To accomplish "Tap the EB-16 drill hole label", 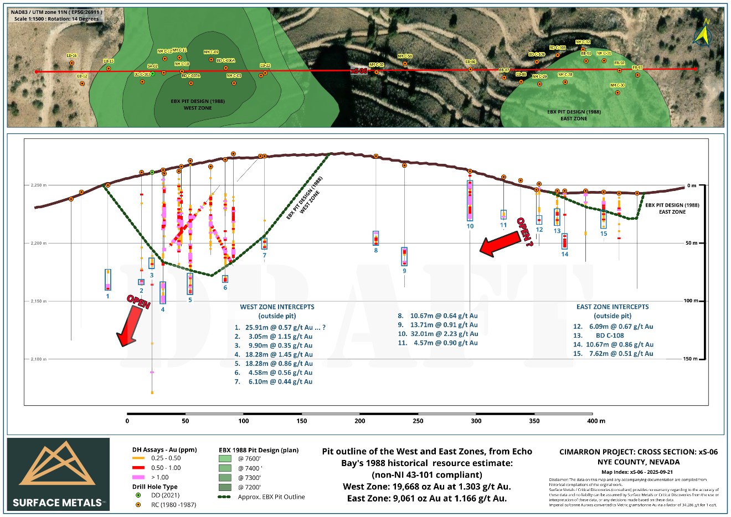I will click(x=71, y=55).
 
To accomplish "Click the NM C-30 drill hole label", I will click(x=617, y=85).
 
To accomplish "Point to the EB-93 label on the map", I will click(x=636, y=68).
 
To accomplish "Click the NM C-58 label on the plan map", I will click(x=405, y=56).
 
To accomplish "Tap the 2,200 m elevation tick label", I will click(x=38, y=244).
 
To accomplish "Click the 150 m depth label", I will click(x=690, y=359).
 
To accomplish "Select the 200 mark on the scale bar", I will click(x=360, y=421).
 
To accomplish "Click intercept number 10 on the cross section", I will click(x=470, y=226).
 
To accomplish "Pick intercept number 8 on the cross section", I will click(x=376, y=250).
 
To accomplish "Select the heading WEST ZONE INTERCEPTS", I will click(x=277, y=307).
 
